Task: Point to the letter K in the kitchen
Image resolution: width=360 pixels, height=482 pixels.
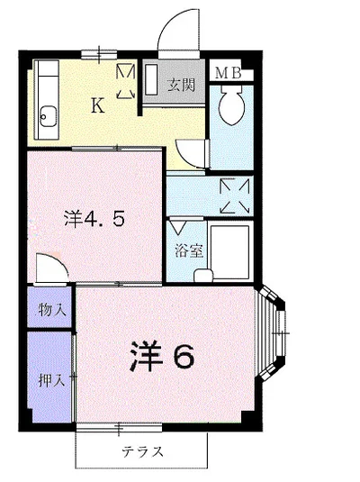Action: click(96, 105)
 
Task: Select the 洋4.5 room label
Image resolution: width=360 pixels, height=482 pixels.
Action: click(93, 217)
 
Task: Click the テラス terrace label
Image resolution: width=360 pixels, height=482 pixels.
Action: click(142, 452)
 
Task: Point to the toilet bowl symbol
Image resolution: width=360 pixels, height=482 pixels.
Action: click(230, 108)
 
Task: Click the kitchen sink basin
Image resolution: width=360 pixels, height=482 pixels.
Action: click(48, 116)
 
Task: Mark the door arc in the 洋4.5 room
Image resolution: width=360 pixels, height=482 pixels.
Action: click(50, 267)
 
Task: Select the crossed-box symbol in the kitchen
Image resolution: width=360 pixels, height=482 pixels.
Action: click(125, 80)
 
